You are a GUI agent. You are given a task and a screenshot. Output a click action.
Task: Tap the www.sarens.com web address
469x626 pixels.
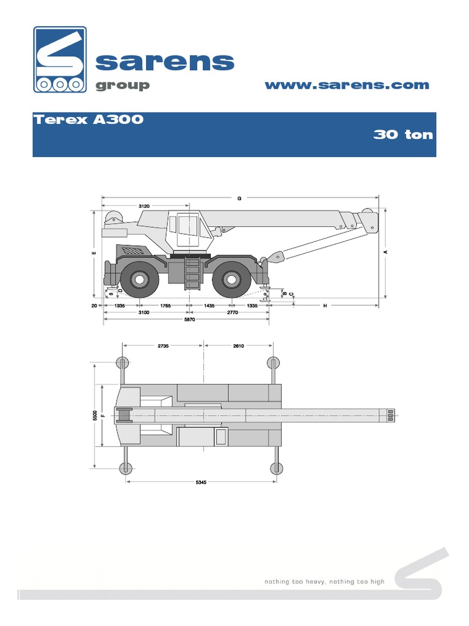coord(346,85)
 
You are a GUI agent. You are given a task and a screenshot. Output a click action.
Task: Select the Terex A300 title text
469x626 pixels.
coord(89,120)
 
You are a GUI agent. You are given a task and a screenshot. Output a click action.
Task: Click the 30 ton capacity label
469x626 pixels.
coord(402,134)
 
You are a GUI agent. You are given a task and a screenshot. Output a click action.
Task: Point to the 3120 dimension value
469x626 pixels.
coord(145,206)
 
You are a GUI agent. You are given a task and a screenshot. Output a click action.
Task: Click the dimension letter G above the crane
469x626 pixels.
coord(239,198)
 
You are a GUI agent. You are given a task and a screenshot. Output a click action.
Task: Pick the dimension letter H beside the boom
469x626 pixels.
coord(325,305)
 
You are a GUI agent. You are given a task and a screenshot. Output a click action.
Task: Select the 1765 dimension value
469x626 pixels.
coord(163,305)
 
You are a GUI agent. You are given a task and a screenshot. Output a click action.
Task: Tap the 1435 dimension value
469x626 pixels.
coord(210,305)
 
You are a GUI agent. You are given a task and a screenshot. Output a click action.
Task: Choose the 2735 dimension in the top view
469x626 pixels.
coord(163,346)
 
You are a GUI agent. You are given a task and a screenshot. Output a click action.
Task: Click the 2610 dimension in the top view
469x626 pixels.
coord(238,346)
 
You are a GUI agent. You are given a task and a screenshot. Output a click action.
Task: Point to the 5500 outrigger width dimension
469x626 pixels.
coord(95,416)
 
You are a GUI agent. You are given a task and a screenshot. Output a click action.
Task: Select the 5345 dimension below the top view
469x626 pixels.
coord(201,482)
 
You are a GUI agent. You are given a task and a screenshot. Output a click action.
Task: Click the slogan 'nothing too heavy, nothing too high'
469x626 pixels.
coord(324,581)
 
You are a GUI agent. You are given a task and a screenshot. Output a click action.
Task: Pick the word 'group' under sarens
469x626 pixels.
coord(122,85)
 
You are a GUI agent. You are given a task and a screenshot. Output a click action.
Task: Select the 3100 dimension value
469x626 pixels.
coord(144,312)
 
